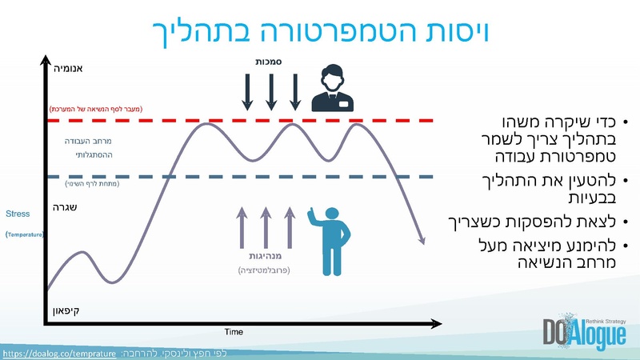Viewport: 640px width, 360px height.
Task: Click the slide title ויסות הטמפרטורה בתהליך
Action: click(320, 30)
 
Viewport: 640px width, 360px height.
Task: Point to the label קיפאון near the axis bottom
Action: click(66, 310)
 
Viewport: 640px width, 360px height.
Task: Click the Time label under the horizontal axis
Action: click(234, 331)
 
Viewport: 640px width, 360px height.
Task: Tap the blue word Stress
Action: click(18, 214)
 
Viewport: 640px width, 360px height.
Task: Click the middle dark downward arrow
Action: click(271, 90)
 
